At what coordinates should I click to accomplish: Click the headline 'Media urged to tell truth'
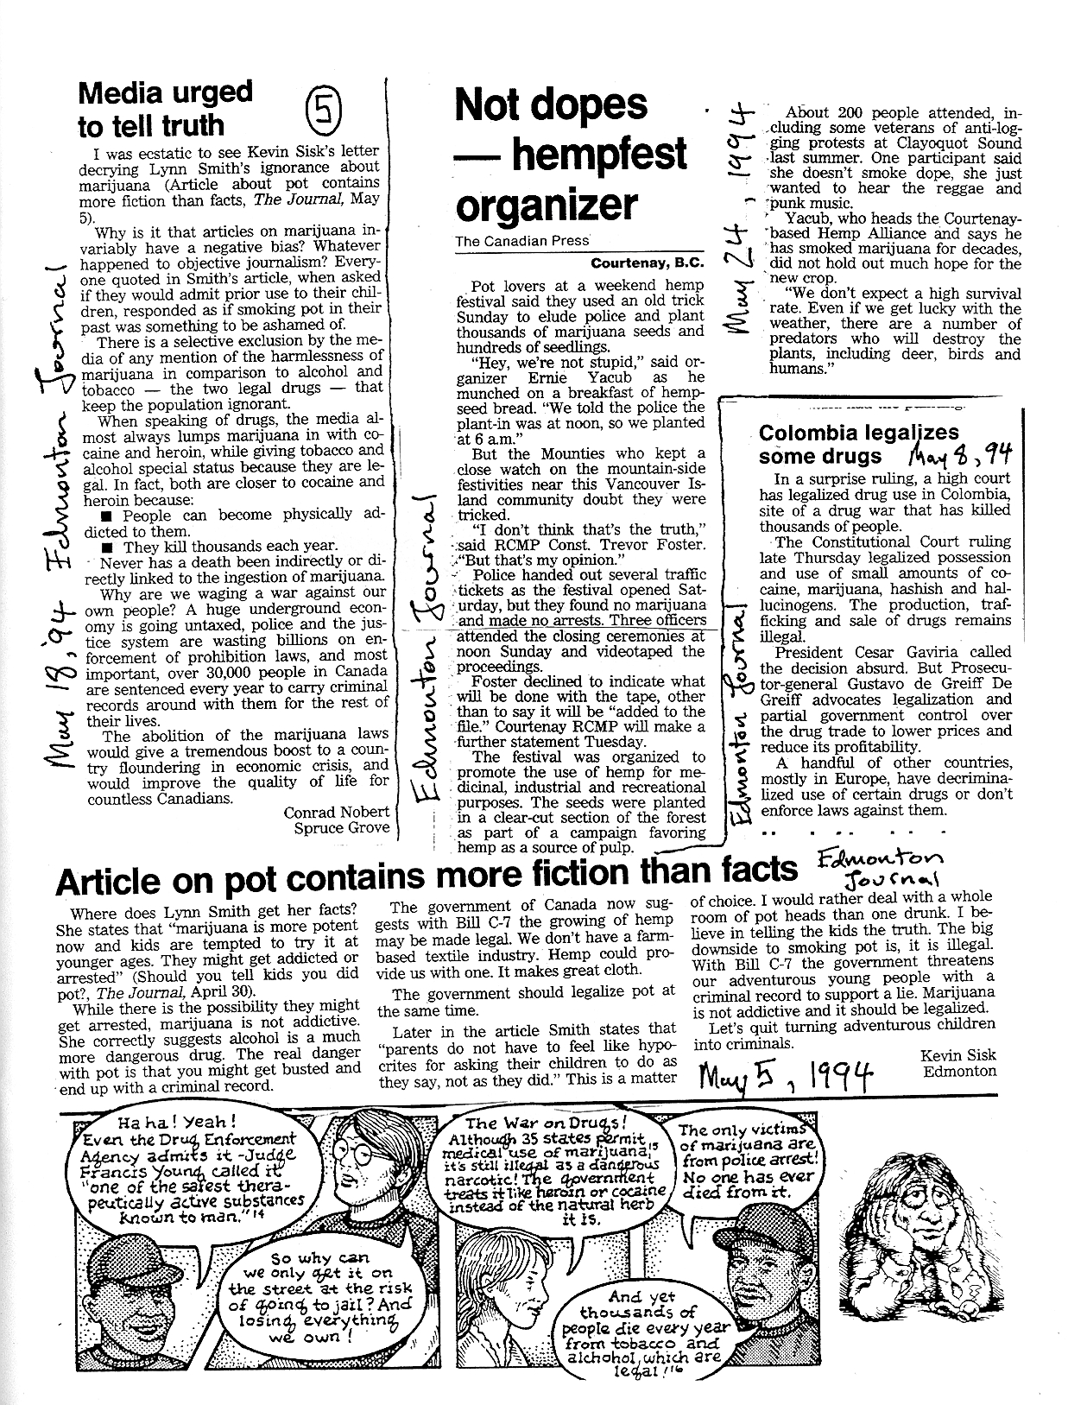[164, 108]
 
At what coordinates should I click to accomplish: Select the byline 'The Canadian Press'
[522, 242]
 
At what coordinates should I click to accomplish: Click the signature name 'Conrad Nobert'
[336, 812]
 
